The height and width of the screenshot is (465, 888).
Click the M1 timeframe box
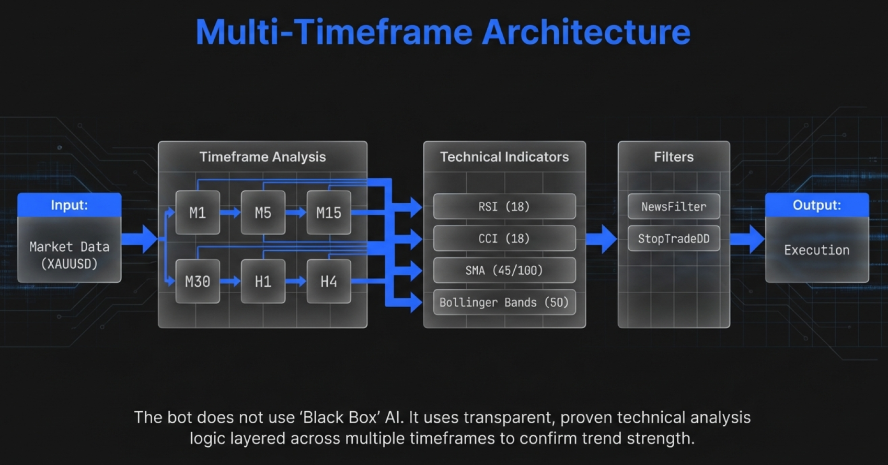(198, 213)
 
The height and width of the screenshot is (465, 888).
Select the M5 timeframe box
(263, 213)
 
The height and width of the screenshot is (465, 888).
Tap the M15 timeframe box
(329, 213)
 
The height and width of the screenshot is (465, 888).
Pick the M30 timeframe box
(198, 282)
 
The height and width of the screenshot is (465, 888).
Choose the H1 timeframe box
(263, 282)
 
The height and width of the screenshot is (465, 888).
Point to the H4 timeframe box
(329, 282)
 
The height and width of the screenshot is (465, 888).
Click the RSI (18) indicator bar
(504, 206)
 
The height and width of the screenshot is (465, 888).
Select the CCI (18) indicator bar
(504, 238)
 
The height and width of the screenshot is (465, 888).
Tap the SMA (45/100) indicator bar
(504, 270)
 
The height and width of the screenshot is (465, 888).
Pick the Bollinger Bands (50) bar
(504, 303)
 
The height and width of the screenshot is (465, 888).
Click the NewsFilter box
(674, 206)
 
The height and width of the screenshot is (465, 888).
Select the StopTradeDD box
(674, 239)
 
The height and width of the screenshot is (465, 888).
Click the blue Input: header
(70, 205)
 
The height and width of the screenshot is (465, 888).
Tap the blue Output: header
(817, 205)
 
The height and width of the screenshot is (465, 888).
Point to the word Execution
(817, 250)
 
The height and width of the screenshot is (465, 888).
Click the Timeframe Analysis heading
(262, 157)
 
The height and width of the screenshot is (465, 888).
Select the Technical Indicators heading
(504, 157)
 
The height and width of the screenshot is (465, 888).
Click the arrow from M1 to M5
(230, 213)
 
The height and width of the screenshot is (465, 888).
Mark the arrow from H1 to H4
(296, 282)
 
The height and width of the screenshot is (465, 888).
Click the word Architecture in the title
(586, 32)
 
